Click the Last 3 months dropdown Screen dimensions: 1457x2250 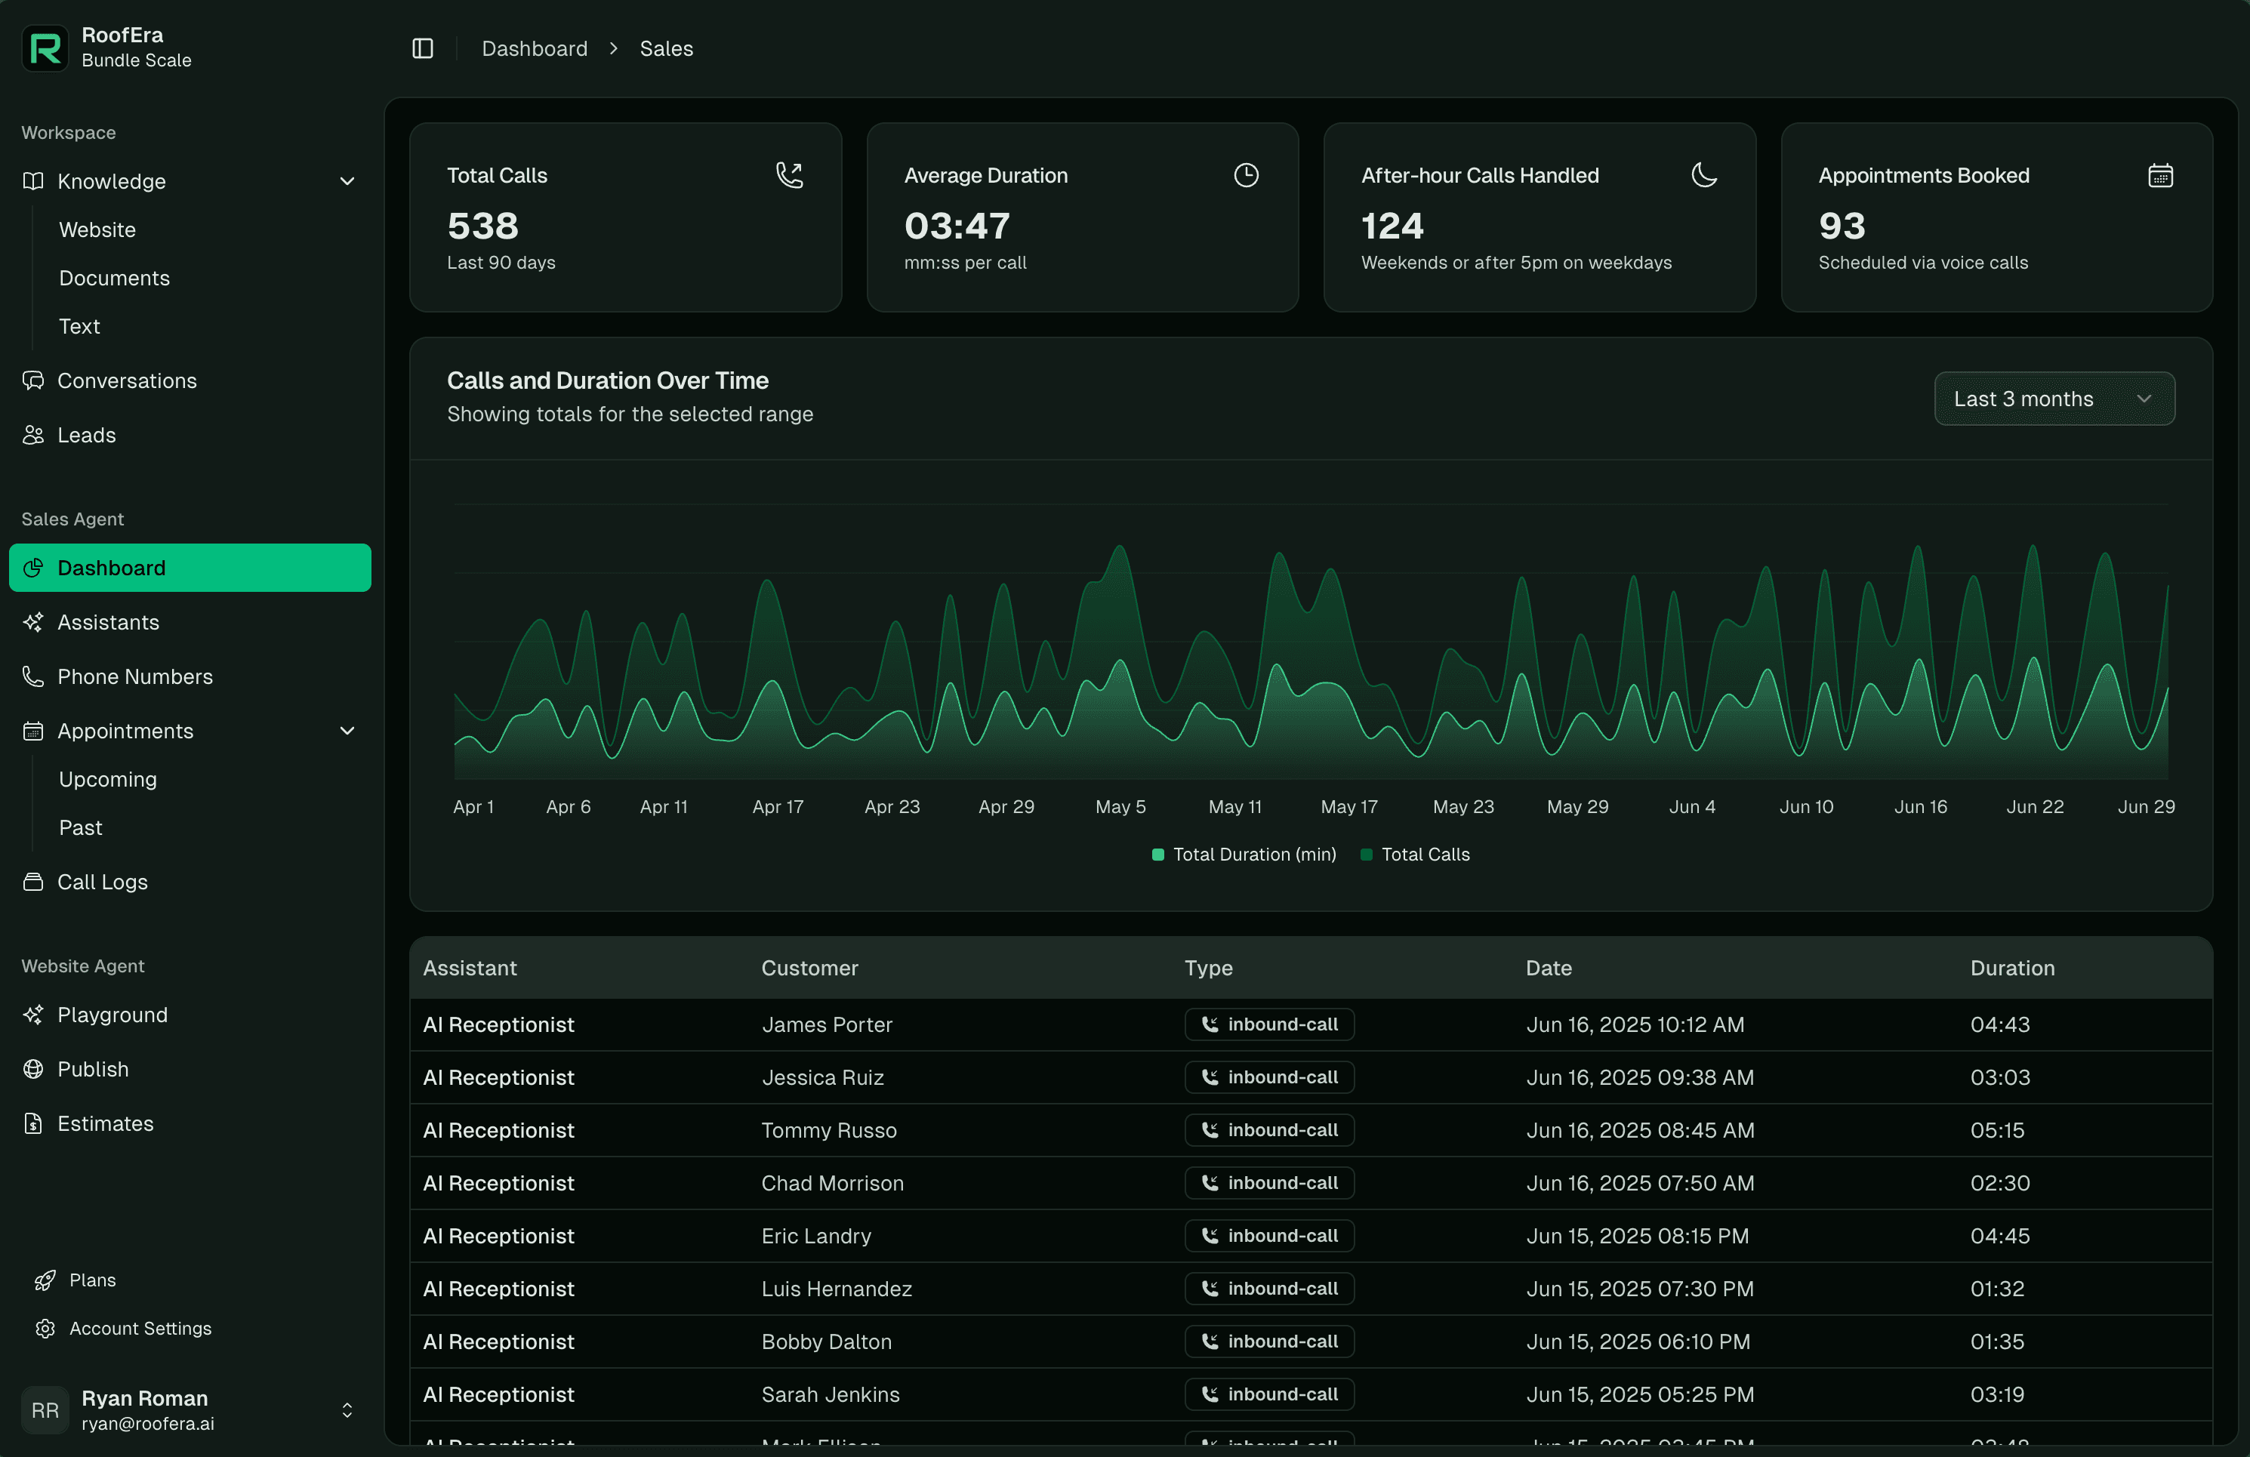pyautogui.click(x=2054, y=399)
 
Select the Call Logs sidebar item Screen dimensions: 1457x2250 pyautogui.click(x=102, y=883)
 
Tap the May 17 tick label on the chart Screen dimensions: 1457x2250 pyautogui.click(x=1349, y=806)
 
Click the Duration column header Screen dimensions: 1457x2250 pyautogui.click(x=2011, y=968)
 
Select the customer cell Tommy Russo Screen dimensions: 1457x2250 pyautogui.click(x=828, y=1130)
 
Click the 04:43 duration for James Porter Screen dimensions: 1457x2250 pyautogui.click(x=1999, y=1025)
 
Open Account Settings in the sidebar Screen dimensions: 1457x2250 pyautogui.click(x=140, y=1329)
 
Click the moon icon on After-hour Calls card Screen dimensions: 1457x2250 pyautogui.click(x=1703, y=175)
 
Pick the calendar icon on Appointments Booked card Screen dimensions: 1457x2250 pyautogui.click(x=2160, y=175)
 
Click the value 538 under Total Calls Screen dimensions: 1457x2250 pyautogui.click(x=482, y=226)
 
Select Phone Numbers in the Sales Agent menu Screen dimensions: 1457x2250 pyautogui.click(x=134, y=677)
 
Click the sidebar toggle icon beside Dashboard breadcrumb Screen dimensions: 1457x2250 pyautogui.click(x=423, y=48)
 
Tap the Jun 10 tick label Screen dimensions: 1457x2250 pyautogui.click(x=1806, y=806)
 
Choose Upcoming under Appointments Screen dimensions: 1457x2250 pyautogui.click(x=108, y=779)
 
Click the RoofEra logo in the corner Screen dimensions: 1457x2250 pyautogui.click(x=45, y=48)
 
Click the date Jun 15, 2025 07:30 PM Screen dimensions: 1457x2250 pyautogui.click(x=1639, y=1289)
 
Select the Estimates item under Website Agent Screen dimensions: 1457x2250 pyautogui.click(x=105, y=1123)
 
